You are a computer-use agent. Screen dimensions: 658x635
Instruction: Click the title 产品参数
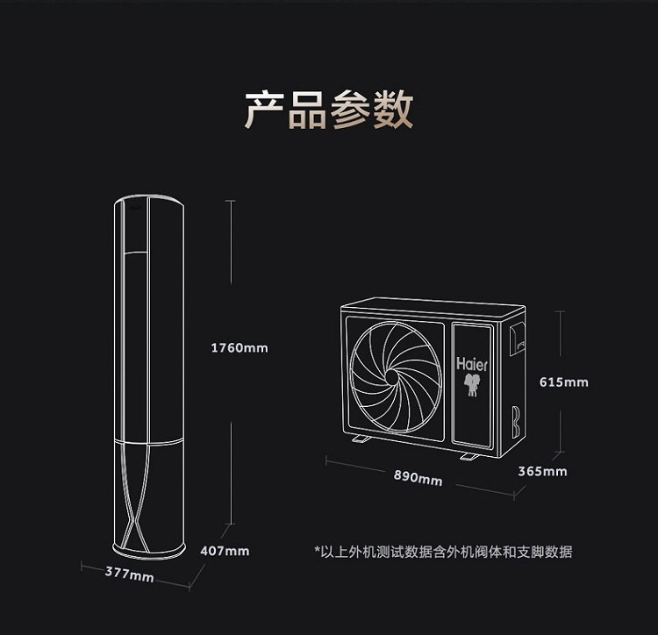coord(328,109)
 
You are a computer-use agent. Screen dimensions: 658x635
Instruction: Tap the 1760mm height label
coord(240,348)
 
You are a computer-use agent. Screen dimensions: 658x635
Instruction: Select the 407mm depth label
coord(225,551)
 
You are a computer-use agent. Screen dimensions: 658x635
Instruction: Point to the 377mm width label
coord(129,575)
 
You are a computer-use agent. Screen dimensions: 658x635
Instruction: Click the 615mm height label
coord(563,382)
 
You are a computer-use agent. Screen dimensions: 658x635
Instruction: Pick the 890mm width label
coord(418,478)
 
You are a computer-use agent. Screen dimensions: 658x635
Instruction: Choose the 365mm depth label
coord(542,471)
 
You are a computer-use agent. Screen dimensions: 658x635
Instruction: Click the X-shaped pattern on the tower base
coord(144,523)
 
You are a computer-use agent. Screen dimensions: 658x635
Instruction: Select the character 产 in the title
coord(264,109)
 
